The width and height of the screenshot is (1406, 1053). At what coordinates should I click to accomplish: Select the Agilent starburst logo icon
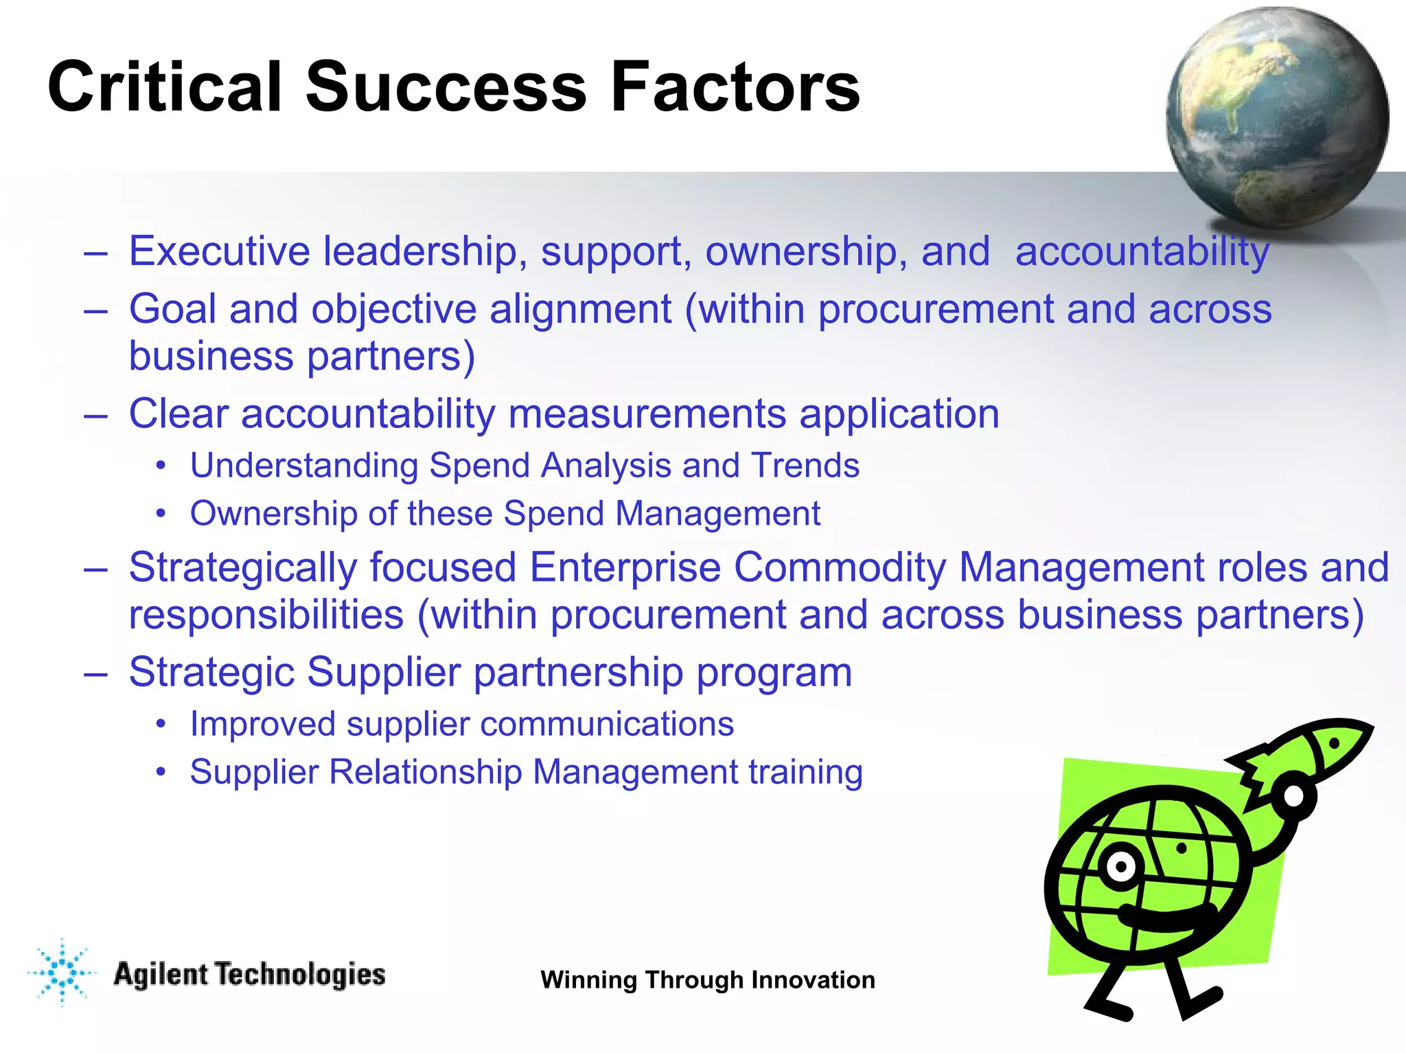[62, 972]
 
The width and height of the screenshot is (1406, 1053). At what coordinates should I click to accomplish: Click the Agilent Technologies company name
[249, 975]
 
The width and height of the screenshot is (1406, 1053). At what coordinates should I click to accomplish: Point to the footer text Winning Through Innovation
[708, 980]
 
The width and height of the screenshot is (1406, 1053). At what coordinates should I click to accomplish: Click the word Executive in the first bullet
[220, 251]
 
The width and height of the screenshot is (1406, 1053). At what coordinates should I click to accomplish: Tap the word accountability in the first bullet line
[1142, 252]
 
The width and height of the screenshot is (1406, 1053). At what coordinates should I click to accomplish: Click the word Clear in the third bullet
[178, 414]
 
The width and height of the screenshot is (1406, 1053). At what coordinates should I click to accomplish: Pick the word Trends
[805, 465]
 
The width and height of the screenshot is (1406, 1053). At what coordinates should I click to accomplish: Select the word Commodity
[840, 567]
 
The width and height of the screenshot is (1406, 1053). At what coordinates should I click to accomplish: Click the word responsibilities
[266, 614]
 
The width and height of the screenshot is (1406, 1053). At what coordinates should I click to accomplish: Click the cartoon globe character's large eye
[1121, 867]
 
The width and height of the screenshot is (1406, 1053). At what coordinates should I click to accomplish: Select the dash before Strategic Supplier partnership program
[95, 673]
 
